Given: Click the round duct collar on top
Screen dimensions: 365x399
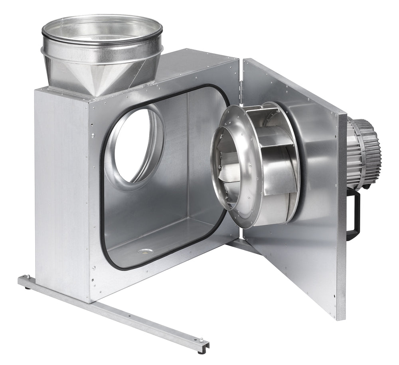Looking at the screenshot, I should (x=102, y=30).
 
